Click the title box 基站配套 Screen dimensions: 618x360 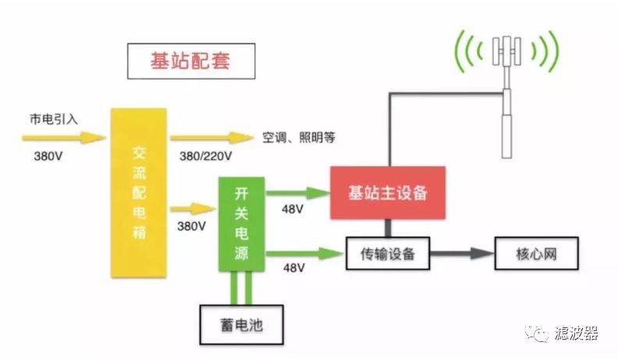pyautogui.click(x=191, y=61)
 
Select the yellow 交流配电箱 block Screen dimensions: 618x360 pyautogui.click(x=139, y=193)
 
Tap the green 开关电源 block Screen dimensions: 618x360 pyautogui.click(x=242, y=224)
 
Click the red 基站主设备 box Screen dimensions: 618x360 pyautogui.click(x=388, y=193)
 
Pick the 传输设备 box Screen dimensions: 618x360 pyautogui.click(x=388, y=254)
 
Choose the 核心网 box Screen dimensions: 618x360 pyautogui.click(x=536, y=254)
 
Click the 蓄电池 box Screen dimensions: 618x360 pyautogui.click(x=242, y=325)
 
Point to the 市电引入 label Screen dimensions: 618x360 pyautogui.click(x=54, y=119)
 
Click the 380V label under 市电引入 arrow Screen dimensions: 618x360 pyautogui.click(x=48, y=156)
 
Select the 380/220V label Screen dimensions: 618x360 pyautogui.click(x=206, y=156)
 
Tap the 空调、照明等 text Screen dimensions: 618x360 pyautogui.click(x=299, y=137)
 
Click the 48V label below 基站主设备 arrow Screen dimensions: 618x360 pyautogui.click(x=293, y=209)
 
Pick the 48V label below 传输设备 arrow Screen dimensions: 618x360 pyautogui.click(x=294, y=268)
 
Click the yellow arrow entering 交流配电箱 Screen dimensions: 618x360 pyautogui.click(x=64, y=137)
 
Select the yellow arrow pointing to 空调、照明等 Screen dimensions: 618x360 pyautogui.click(x=212, y=137)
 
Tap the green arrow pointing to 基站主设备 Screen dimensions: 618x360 pyautogui.click(x=298, y=193)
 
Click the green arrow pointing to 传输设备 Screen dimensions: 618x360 pyautogui.click(x=305, y=254)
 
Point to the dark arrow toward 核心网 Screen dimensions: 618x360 pyautogui.click(x=462, y=254)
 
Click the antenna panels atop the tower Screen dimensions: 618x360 pyautogui.click(x=507, y=51)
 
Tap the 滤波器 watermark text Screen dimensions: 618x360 pyautogui.click(x=576, y=333)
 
